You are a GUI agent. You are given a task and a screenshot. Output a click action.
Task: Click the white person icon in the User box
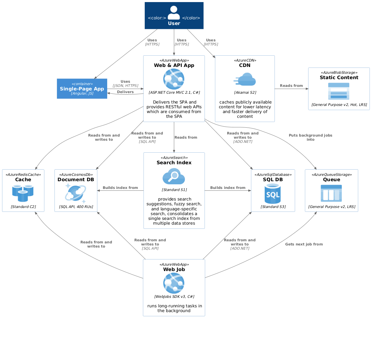coord(174,13)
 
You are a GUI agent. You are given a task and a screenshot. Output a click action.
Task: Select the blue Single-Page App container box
coord(82,89)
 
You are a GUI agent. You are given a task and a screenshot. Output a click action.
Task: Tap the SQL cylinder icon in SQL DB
coord(273,194)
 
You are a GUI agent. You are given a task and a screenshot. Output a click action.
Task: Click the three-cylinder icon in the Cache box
coord(23,193)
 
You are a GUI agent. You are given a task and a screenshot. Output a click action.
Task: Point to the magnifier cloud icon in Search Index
coord(174,176)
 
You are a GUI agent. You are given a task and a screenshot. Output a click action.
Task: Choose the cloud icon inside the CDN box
coord(245,79)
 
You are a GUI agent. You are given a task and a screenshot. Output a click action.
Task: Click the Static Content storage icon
coord(339,91)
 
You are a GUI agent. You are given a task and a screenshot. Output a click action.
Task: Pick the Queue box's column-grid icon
coord(331,193)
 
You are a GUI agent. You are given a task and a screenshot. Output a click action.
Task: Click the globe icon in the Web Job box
coord(174,283)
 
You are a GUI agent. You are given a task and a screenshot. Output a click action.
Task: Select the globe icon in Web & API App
coord(174,79)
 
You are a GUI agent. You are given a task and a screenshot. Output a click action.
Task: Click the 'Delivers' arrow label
coord(125,92)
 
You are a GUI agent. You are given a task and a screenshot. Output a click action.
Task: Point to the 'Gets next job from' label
coord(304,244)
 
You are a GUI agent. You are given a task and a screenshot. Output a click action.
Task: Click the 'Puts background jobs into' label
coord(311,137)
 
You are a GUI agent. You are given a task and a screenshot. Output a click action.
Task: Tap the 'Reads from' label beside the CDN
coord(291,86)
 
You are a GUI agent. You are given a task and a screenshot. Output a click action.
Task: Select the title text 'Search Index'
coord(174,163)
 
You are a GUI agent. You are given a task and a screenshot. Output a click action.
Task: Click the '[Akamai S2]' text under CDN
coord(245,93)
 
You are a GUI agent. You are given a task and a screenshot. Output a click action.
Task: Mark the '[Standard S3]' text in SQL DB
coord(273,207)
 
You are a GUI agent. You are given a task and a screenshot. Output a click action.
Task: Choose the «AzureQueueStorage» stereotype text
coord(332,175)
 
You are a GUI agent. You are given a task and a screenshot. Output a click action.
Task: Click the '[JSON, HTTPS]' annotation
coord(125,86)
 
